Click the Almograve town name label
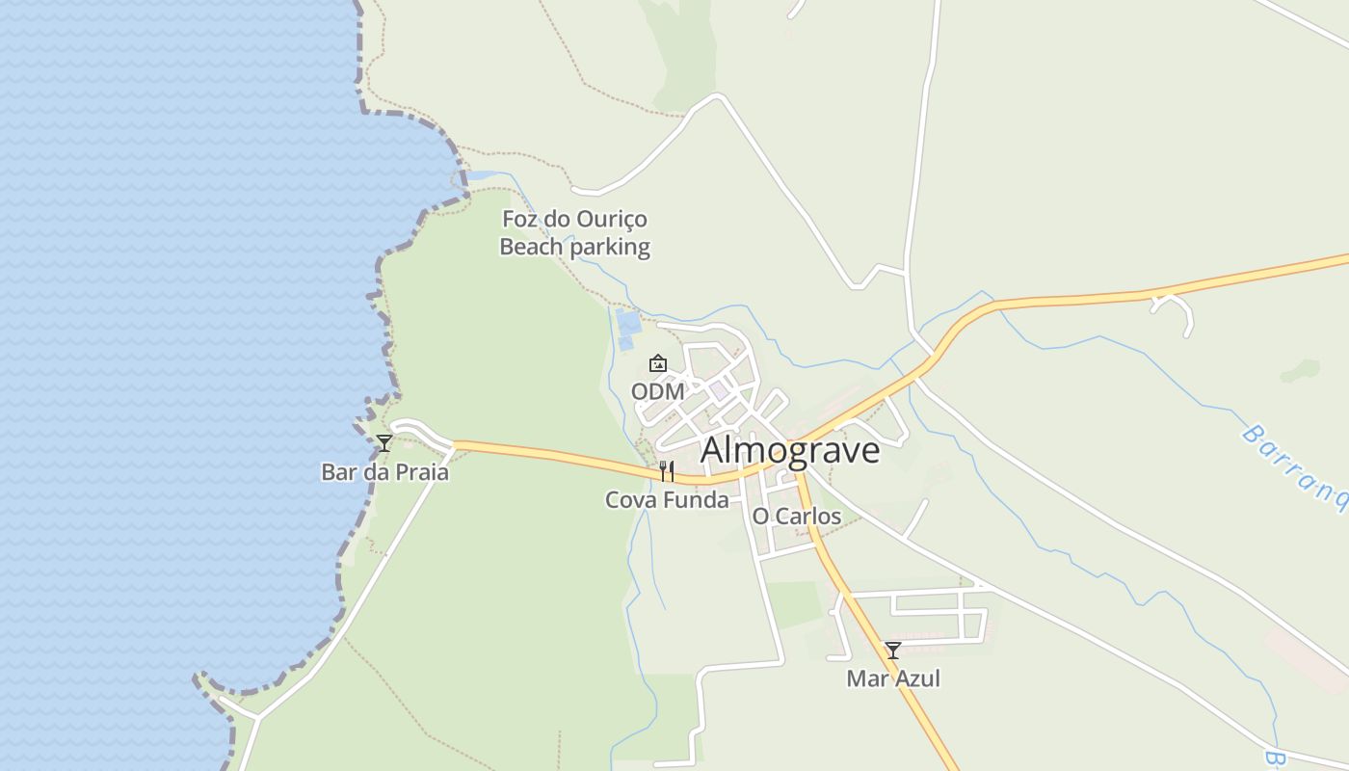[x=790, y=450]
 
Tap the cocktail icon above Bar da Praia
[x=384, y=443]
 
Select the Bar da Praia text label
[x=384, y=472]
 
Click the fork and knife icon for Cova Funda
[x=666, y=471]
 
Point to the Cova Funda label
[x=667, y=499]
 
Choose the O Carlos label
[x=796, y=516]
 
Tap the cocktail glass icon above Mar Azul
[x=893, y=651]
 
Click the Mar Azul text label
[x=893, y=678]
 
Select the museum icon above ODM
[x=658, y=363]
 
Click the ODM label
[x=658, y=391]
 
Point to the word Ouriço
[x=611, y=220]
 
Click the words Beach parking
[x=574, y=247]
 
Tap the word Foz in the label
[x=519, y=219]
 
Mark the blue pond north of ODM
[x=628, y=328]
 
